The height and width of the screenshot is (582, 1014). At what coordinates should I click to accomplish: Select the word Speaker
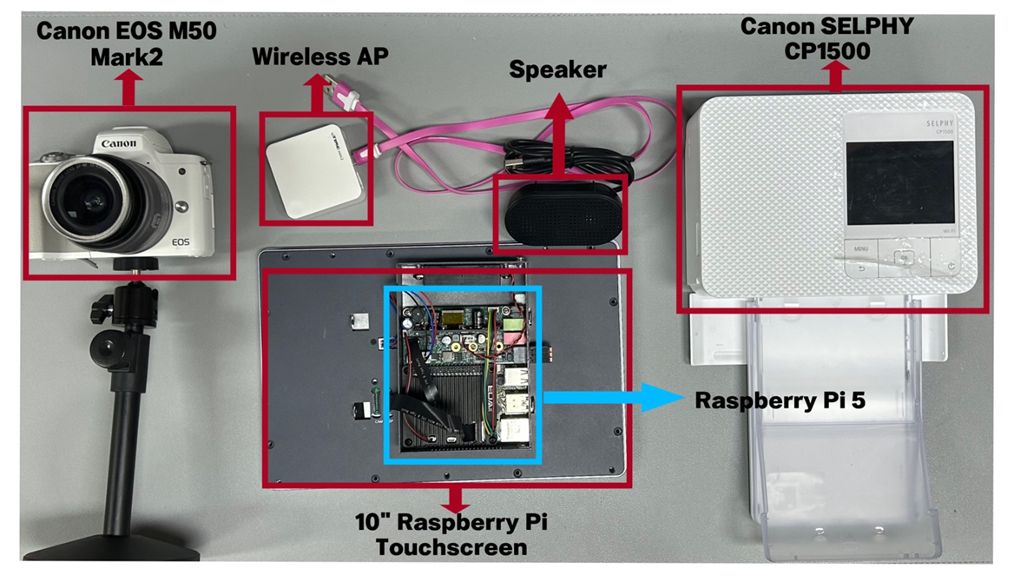tap(557, 69)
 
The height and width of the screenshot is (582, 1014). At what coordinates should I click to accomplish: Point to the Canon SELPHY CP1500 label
tap(826, 38)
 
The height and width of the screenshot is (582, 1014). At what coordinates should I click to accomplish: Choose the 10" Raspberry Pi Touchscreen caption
tap(452, 534)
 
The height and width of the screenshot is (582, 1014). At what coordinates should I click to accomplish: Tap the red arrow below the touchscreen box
tap(452, 500)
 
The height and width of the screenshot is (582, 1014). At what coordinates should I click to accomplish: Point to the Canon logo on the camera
tap(119, 144)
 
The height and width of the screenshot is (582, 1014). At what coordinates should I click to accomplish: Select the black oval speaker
tap(560, 211)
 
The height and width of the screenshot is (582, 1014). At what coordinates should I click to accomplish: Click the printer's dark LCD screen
tap(899, 182)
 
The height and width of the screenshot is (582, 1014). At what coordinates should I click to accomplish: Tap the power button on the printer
tap(951, 264)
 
